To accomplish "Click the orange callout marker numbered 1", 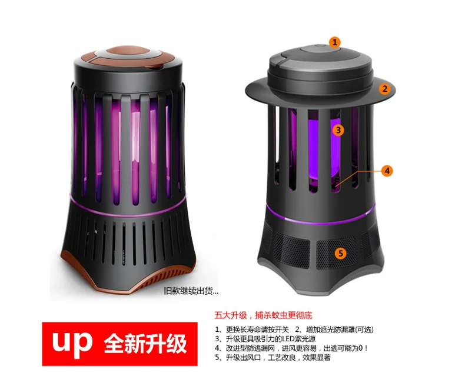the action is (x=335, y=42).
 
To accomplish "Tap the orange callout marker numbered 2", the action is (x=384, y=89).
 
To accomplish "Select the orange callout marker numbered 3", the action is (x=338, y=130).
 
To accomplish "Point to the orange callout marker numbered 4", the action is (x=387, y=171).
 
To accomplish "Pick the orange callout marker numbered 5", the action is (x=340, y=253).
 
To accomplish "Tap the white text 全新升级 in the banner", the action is (x=145, y=343).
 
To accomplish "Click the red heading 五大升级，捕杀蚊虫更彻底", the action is (x=263, y=315).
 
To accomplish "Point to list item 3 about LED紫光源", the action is (x=265, y=339).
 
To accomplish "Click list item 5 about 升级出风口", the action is (x=273, y=358).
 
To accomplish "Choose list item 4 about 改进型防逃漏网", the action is (x=291, y=348).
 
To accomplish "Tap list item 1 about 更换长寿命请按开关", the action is (x=252, y=330).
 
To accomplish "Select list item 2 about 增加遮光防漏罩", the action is (x=334, y=330).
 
